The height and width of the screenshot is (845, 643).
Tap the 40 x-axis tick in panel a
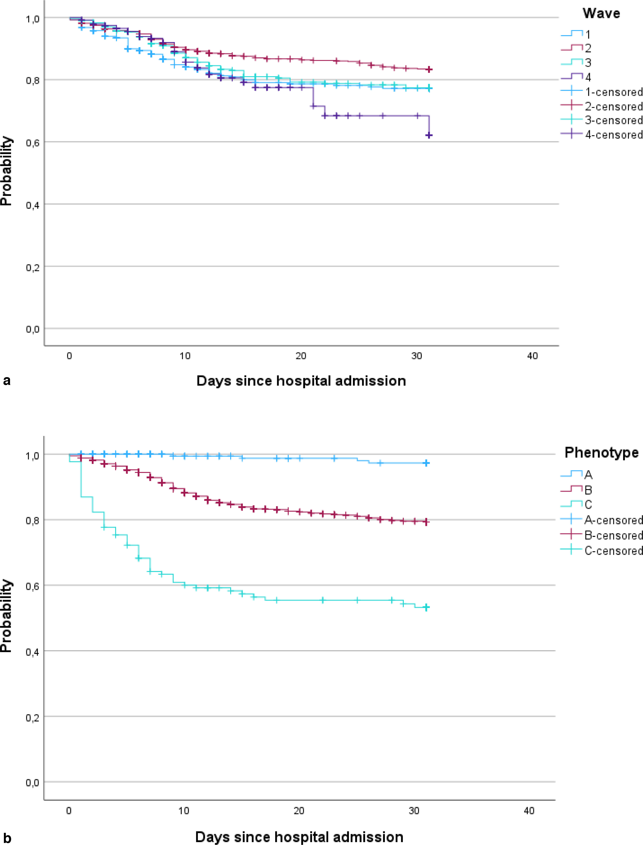[532, 356]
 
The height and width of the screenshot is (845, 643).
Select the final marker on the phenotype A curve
[426, 463]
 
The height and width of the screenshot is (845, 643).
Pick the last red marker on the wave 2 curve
[430, 69]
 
